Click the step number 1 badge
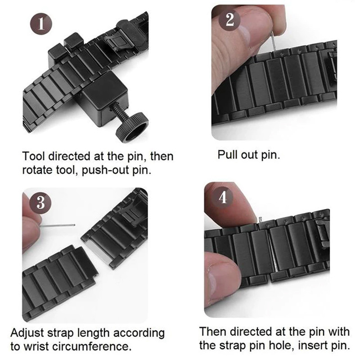click(41, 24)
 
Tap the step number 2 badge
click(229, 20)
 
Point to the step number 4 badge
click(222, 197)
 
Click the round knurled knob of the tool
click(132, 127)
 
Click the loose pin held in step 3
click(58, 225)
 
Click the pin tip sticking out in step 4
click(260, 220)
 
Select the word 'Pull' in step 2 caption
click(228, 154)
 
